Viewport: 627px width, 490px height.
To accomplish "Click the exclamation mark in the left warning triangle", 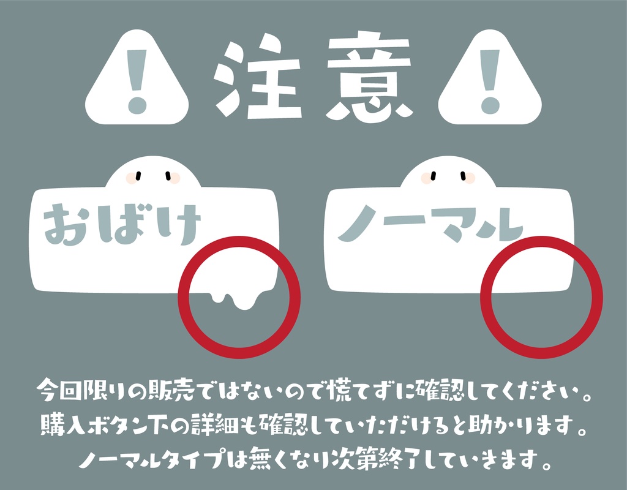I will click(137, 80).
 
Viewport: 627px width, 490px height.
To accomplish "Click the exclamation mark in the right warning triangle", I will click(490, 80).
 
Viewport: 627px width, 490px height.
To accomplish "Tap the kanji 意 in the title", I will click(367, 78).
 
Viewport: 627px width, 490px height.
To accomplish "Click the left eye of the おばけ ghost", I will click(138, 176).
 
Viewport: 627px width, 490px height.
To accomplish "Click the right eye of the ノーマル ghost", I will click(459, 176).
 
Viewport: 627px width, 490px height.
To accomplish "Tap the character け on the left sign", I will click(179, 224).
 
